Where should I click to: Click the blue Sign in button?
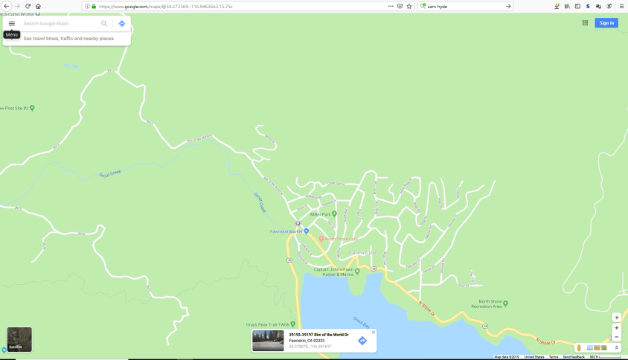point(606,23)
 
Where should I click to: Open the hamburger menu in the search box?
point(12,24)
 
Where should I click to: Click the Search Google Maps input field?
point(60,24)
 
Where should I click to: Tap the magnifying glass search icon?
point(104,24)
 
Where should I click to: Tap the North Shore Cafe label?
point(342,239)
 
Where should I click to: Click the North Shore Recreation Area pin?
point(505,303)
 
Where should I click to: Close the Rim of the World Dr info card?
point(374,332)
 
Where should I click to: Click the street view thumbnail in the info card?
point(268,341)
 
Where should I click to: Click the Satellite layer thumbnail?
point(19,339)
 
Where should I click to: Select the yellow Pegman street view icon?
point(579,347)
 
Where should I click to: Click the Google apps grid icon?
point(586,23)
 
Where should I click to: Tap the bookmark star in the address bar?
point(409,6)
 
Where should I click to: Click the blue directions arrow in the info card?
point(362,341)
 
